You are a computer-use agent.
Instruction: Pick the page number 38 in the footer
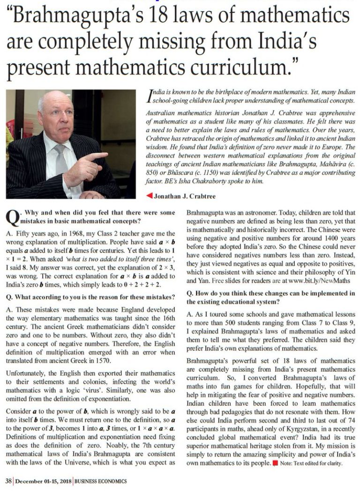point(8,481)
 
